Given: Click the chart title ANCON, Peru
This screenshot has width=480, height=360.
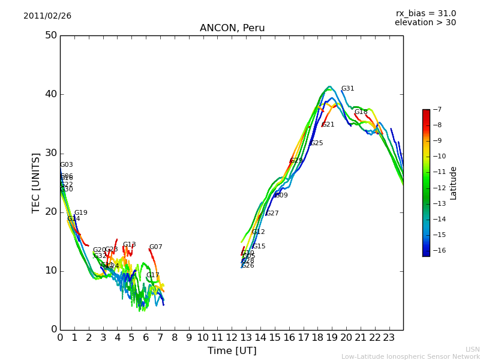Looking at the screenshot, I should point(232,28).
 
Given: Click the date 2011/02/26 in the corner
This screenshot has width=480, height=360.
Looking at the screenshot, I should point(47,16).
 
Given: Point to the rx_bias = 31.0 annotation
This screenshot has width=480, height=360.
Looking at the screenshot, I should point(425,14).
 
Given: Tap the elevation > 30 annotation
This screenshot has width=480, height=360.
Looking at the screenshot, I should point(425,23).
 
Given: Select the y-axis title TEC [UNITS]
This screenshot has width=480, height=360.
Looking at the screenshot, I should point(37,182).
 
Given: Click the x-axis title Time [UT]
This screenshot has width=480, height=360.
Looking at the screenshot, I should point(232,351).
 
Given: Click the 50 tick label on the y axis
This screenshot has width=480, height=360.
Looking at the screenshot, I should point(50,35).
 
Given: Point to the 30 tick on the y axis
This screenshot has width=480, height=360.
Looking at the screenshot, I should point(50,153).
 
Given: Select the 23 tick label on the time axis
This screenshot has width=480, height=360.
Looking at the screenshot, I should point(389,338).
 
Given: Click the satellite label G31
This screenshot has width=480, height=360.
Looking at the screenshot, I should point(347,89).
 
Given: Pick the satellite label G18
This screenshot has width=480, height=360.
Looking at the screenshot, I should point(361,112).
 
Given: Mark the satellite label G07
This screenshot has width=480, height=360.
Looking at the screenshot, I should point(155,247).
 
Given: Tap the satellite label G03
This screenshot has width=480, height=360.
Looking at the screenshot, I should point(66,165).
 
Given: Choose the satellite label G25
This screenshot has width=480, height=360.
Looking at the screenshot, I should point(316,143).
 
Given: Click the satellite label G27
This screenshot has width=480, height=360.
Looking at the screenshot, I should point(272,214).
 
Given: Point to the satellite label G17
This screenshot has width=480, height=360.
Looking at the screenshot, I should point(152,275).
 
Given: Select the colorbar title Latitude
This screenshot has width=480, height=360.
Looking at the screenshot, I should point(454,183).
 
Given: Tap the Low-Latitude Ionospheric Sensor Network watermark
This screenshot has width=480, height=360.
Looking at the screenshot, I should point(410,357).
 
